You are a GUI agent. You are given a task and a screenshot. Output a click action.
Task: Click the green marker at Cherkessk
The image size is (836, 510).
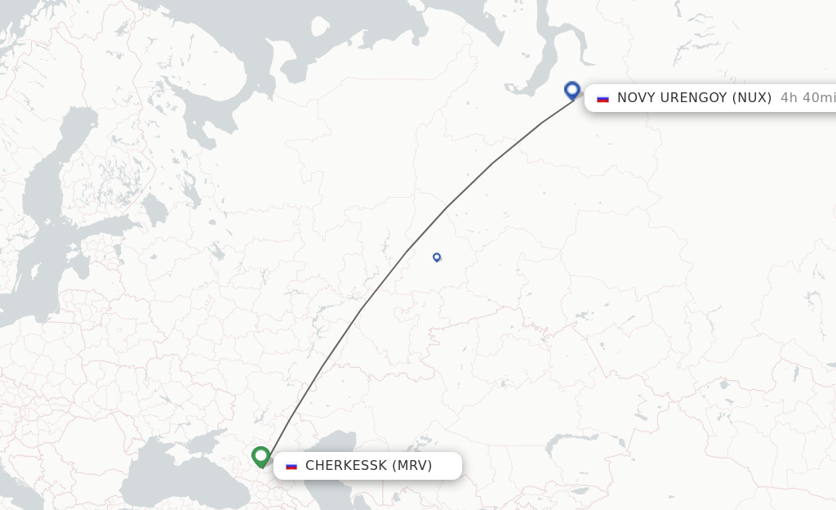[261, 455]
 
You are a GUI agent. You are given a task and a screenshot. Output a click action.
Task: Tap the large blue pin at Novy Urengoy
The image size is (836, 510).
[572, 90]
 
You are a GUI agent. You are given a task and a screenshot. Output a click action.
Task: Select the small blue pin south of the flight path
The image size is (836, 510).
[437, 257]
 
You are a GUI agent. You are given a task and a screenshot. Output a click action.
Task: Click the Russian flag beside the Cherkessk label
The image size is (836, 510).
[291, 466]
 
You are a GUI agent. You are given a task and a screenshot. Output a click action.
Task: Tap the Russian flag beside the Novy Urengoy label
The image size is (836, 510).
[603, 98]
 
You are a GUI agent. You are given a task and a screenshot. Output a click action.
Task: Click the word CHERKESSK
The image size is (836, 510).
[346, 466]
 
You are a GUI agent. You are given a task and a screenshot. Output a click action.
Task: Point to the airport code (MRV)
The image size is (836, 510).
[412, 466]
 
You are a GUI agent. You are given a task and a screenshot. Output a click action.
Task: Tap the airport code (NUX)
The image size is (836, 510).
[752, 98]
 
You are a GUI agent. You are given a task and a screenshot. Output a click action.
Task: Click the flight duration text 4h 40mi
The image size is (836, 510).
[807, 98]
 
